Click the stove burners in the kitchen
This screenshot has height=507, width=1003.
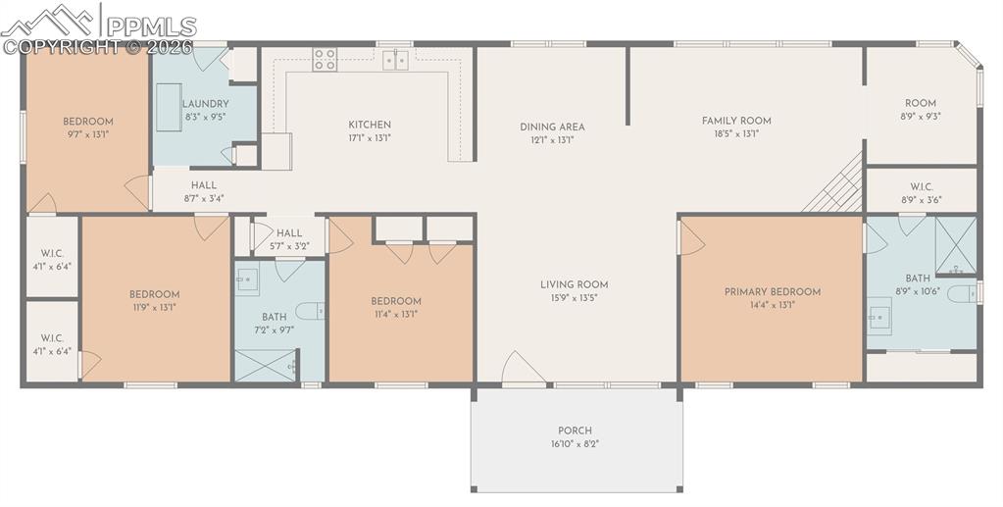(x=325, y=60)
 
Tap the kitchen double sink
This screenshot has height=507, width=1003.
(x=396, y=60)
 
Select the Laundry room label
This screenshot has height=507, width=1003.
(x=205, y=104)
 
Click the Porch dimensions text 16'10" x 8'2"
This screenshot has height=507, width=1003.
(x=575, y=443)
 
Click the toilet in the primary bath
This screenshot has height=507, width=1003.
(x=962, y=294)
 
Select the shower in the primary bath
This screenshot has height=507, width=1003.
(x=956, y=246)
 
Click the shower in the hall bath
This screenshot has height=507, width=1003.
(x=266, y=366)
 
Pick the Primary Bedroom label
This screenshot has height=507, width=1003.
(x=772, y=292)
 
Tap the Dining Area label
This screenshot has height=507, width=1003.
(x=552, y=127)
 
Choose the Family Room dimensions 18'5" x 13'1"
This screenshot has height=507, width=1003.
(x=736, y=133)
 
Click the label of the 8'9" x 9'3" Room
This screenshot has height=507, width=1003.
(x=921, y=103)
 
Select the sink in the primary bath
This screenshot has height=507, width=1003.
(x=879, y=316)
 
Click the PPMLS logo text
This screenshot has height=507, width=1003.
(x=151, y=26)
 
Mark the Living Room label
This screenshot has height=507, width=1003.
(x=574, y=284)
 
